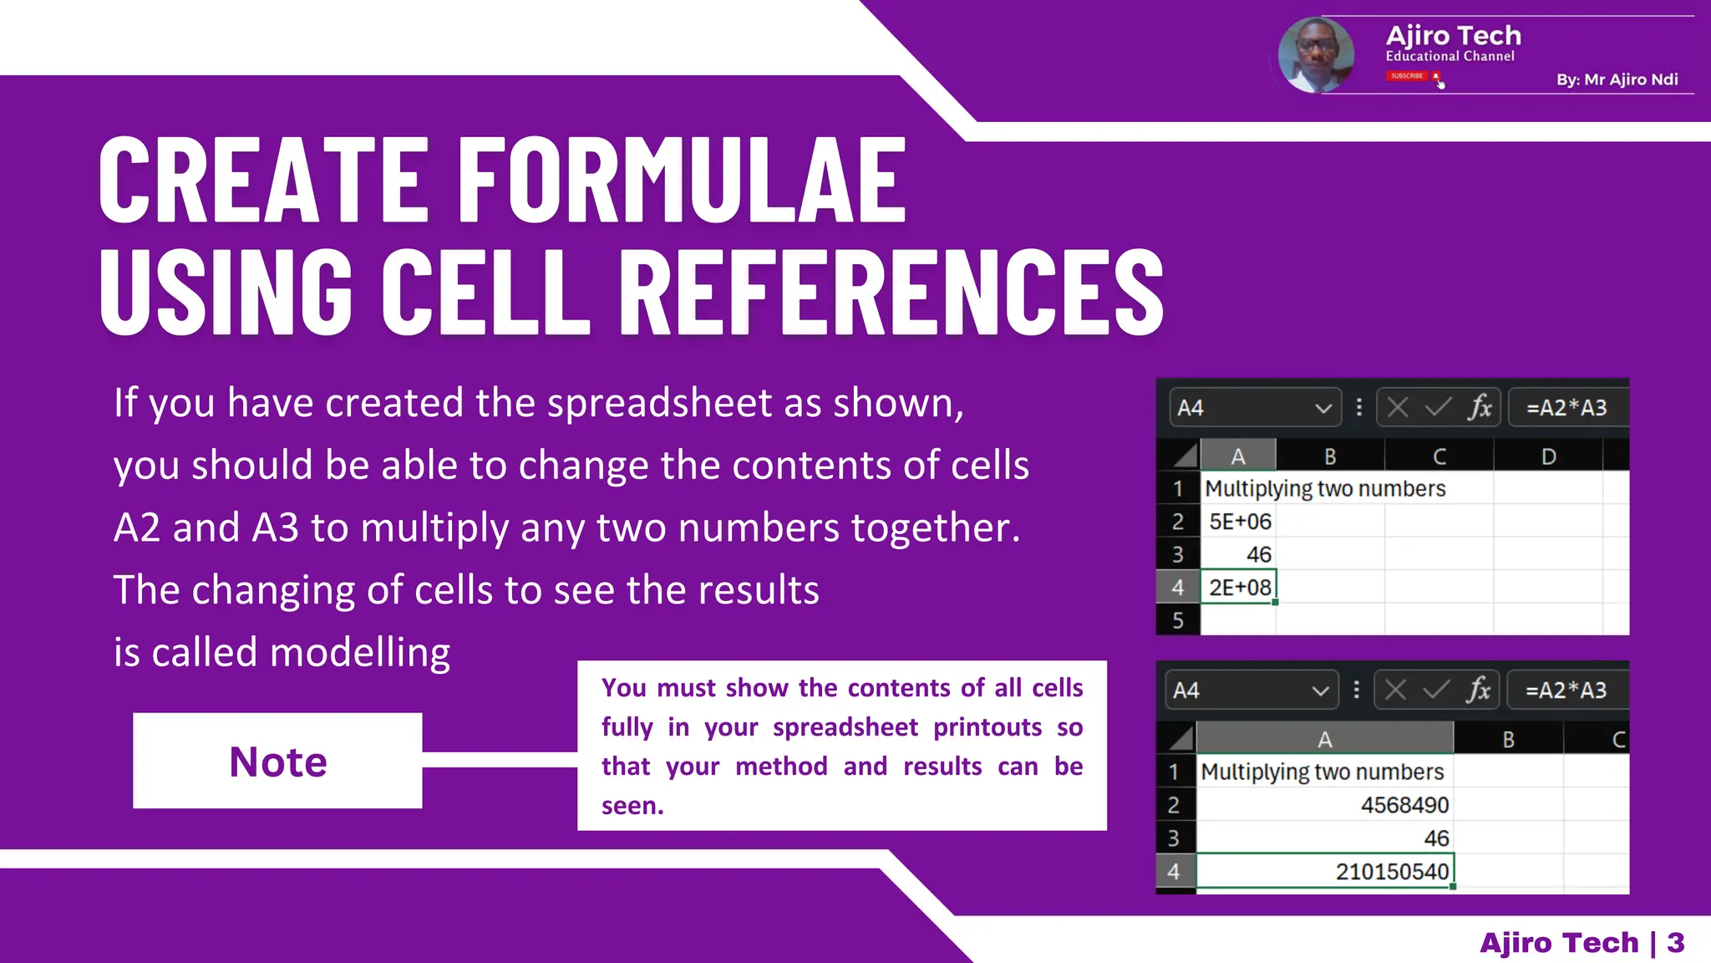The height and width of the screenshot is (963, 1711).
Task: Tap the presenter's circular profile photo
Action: pyautogui.click(x=1316, y=55)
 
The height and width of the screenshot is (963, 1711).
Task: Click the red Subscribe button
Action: pyautogui.click(x=1408, y=76)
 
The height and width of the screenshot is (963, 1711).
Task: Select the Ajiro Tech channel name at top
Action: pyautogui.click(x=1453, y=36)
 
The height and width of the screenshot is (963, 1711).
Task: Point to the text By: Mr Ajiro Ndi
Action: pyautogui.click(x=1617, y=79)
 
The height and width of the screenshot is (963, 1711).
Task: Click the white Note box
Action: pyautogui.click(x=277, y=761)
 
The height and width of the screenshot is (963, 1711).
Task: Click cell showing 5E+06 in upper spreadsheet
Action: pyautogui.click(x=1239, y=522)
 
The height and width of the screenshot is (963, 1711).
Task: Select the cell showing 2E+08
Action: pyautogui.click(x=1239, y=588)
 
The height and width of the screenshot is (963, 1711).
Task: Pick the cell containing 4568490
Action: pyautogui.click(x=1324, y=805)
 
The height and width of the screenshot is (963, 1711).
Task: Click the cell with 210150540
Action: pyautogui.click(x=1324, y=871)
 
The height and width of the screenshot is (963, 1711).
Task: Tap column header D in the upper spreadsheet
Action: pyautogui.click(x=1548, y=456)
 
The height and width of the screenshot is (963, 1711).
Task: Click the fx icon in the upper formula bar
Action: pyautogui.click(x=1480, y=407)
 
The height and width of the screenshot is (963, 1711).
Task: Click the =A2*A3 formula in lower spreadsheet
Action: pyautogui.click(x=1566, y=690)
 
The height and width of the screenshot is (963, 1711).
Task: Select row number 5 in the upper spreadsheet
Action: pyautogui.click(x=1178, y=620)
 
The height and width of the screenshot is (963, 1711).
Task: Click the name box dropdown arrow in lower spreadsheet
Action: pyautogui.click(x=1319, y=690)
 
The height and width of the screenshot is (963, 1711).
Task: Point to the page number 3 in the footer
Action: pyautogui.click(x=1676, y=943)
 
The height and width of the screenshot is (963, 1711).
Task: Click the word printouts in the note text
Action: pyautogui.click(x=987, y=727)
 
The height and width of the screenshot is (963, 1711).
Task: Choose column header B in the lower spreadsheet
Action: pyautogui.click(x=1508, y=740)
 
